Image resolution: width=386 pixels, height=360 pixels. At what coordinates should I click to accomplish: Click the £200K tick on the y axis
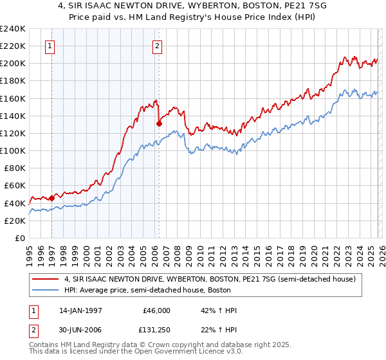tap(12, 64)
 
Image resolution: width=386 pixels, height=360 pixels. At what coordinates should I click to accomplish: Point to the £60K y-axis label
tap(14, 186)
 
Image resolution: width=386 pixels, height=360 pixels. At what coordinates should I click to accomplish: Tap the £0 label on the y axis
tap(21, 238)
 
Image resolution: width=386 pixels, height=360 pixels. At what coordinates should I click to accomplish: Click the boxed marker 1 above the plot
tap(51, 46)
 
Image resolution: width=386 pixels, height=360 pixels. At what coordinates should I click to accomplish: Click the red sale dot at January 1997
tap(51, 198)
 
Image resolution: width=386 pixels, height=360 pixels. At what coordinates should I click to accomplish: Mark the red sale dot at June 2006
tap(159, 123)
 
